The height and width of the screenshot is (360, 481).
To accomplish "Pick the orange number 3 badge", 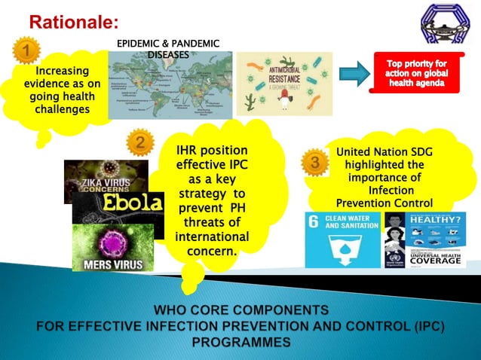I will click(x=314, y=161).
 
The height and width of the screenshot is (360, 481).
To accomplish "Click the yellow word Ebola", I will click(x=133, y=204).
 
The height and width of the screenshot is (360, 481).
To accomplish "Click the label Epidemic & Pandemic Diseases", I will click(x=167, y=49).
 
